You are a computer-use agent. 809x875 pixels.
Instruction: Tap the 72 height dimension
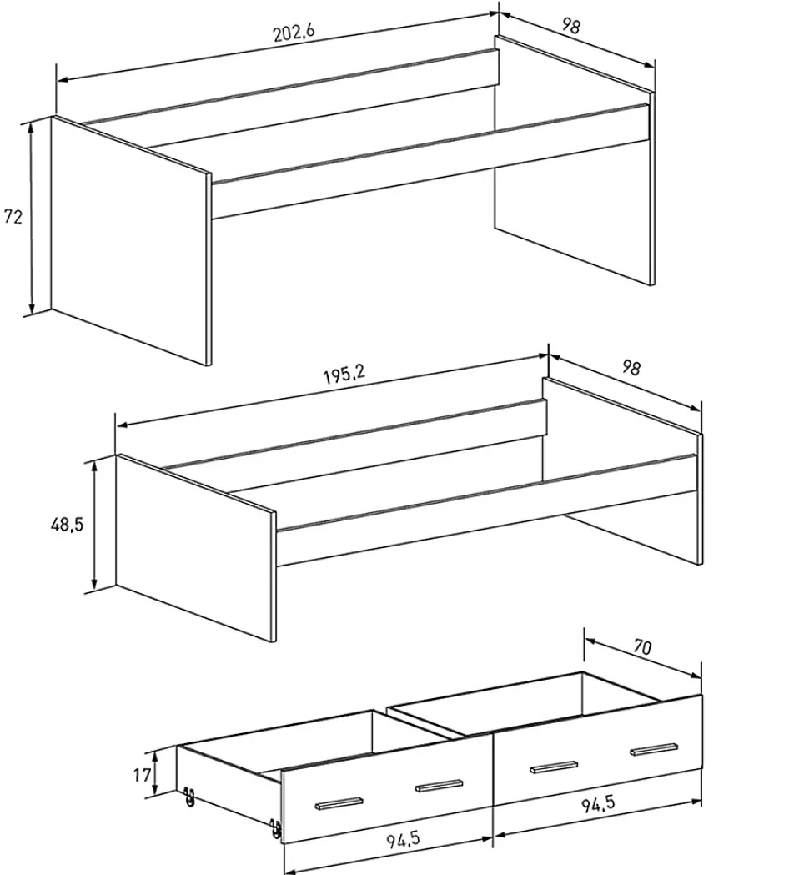(x=13, y=217)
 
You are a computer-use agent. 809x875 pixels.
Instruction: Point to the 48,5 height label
(x=67, y=525)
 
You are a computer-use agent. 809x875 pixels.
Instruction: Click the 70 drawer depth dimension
(x=642, y=646)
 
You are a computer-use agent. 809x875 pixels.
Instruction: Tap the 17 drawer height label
(x=142, y=775)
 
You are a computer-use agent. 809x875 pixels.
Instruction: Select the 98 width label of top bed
(x=570, y=26)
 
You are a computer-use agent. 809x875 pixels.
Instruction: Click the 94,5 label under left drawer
(x=403, y=839)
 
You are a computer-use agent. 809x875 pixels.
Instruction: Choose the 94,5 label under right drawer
(x=598, y=804)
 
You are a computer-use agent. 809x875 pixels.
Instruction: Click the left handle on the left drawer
(x=339, y=802)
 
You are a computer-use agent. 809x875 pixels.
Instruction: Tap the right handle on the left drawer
(x=439, y=785)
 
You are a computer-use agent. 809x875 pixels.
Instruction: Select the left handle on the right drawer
(x=554, y=767)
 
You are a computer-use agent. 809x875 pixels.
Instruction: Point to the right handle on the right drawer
(x=655, y=749)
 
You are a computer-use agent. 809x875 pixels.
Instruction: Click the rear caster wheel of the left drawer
(x=189, y=797)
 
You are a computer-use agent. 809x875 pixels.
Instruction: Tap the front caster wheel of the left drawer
(x=275, y=828)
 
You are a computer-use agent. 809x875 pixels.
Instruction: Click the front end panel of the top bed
(x=131, y=241)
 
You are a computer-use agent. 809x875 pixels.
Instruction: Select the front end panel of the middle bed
(x=196, y=548)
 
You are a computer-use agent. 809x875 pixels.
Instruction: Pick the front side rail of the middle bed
(x=486, y=510)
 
